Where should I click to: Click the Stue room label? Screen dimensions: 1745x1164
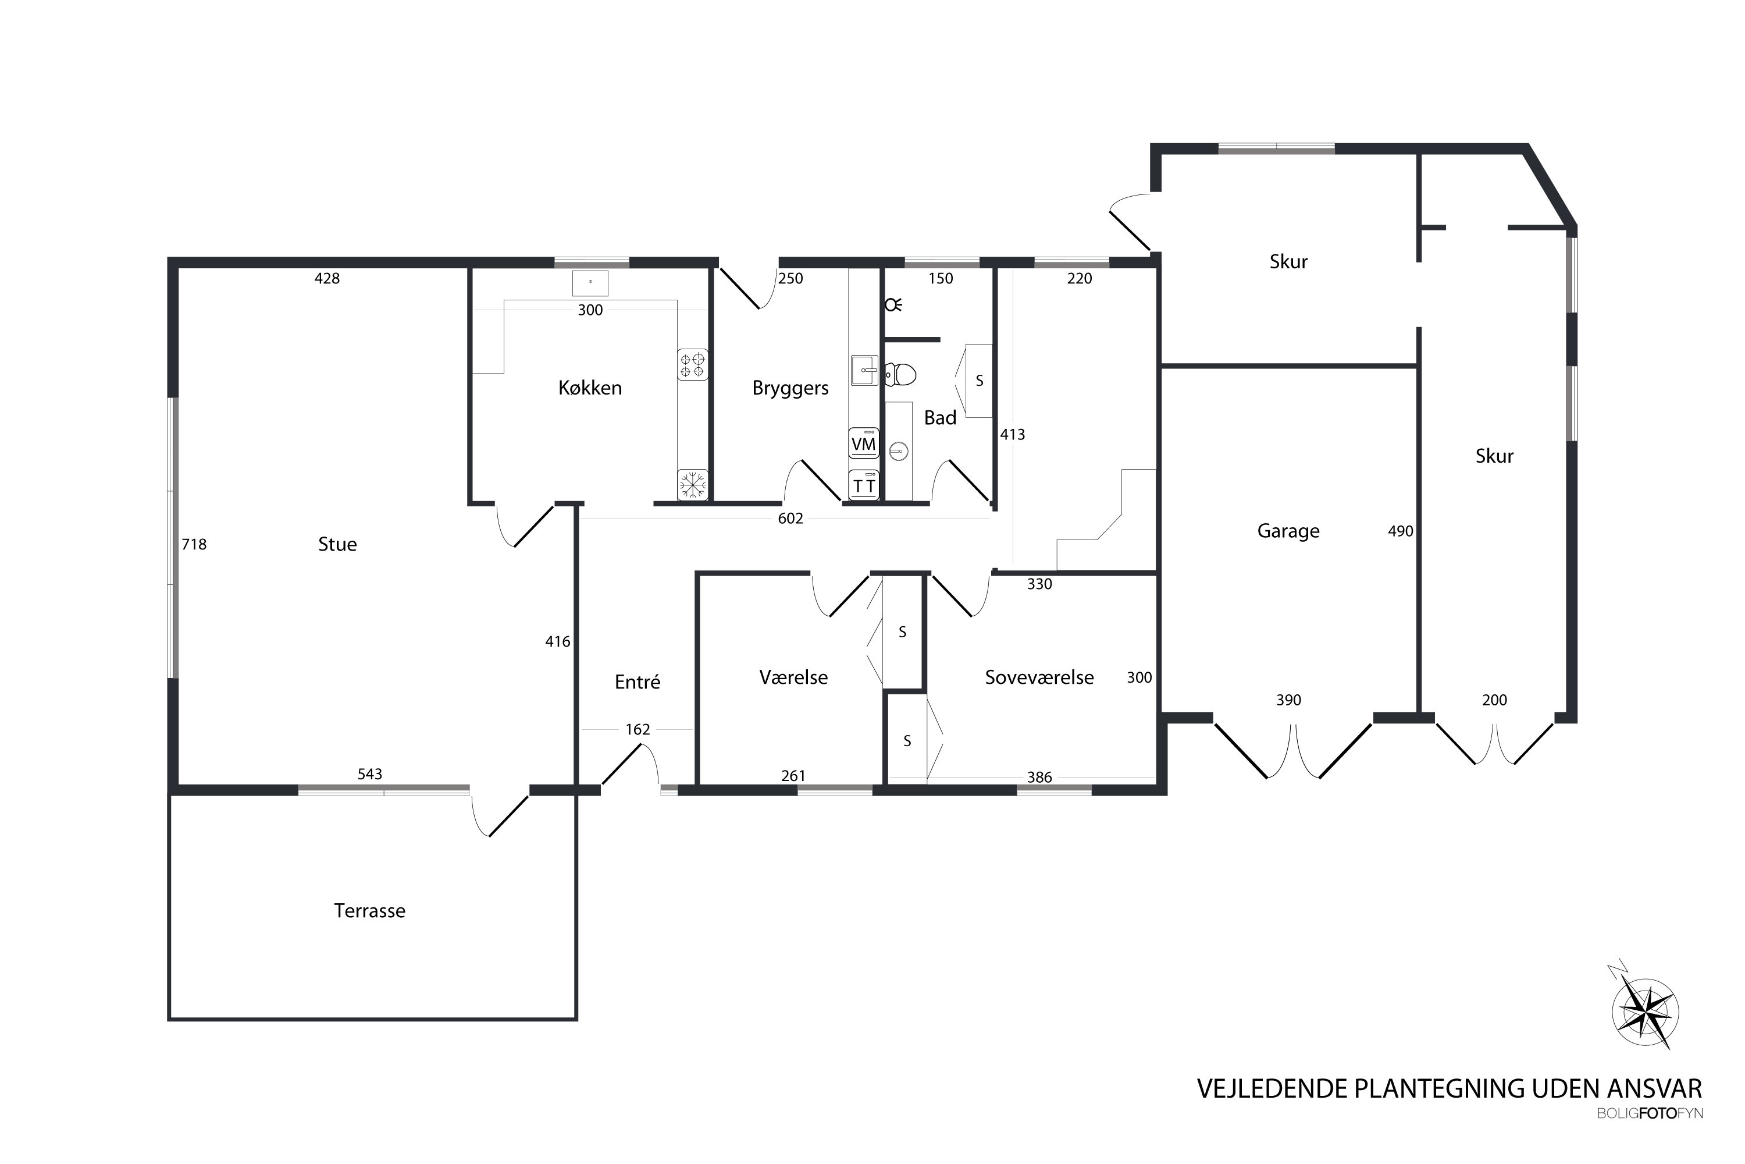(337, 544)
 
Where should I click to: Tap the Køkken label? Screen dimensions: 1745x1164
(590, 388)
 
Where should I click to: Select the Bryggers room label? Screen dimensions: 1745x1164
(790, 388)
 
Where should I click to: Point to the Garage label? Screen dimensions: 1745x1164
(1288, 531)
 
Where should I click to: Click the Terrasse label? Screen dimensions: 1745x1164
(369, 911)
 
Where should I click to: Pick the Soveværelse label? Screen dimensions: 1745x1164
(1039, 677)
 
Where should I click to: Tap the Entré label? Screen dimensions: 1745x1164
(638, 682)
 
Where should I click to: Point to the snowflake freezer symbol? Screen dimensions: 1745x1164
(692, 485)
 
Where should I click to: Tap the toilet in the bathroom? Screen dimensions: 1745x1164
(900, 374)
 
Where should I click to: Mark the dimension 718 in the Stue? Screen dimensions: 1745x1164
(194, 544)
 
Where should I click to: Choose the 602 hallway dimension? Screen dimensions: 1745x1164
(790, 518)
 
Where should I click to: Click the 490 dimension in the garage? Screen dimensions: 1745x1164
(1400, 531)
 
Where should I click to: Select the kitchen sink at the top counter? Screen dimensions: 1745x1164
(590, 283)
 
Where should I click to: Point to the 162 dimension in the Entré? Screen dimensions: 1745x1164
(638, 729)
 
